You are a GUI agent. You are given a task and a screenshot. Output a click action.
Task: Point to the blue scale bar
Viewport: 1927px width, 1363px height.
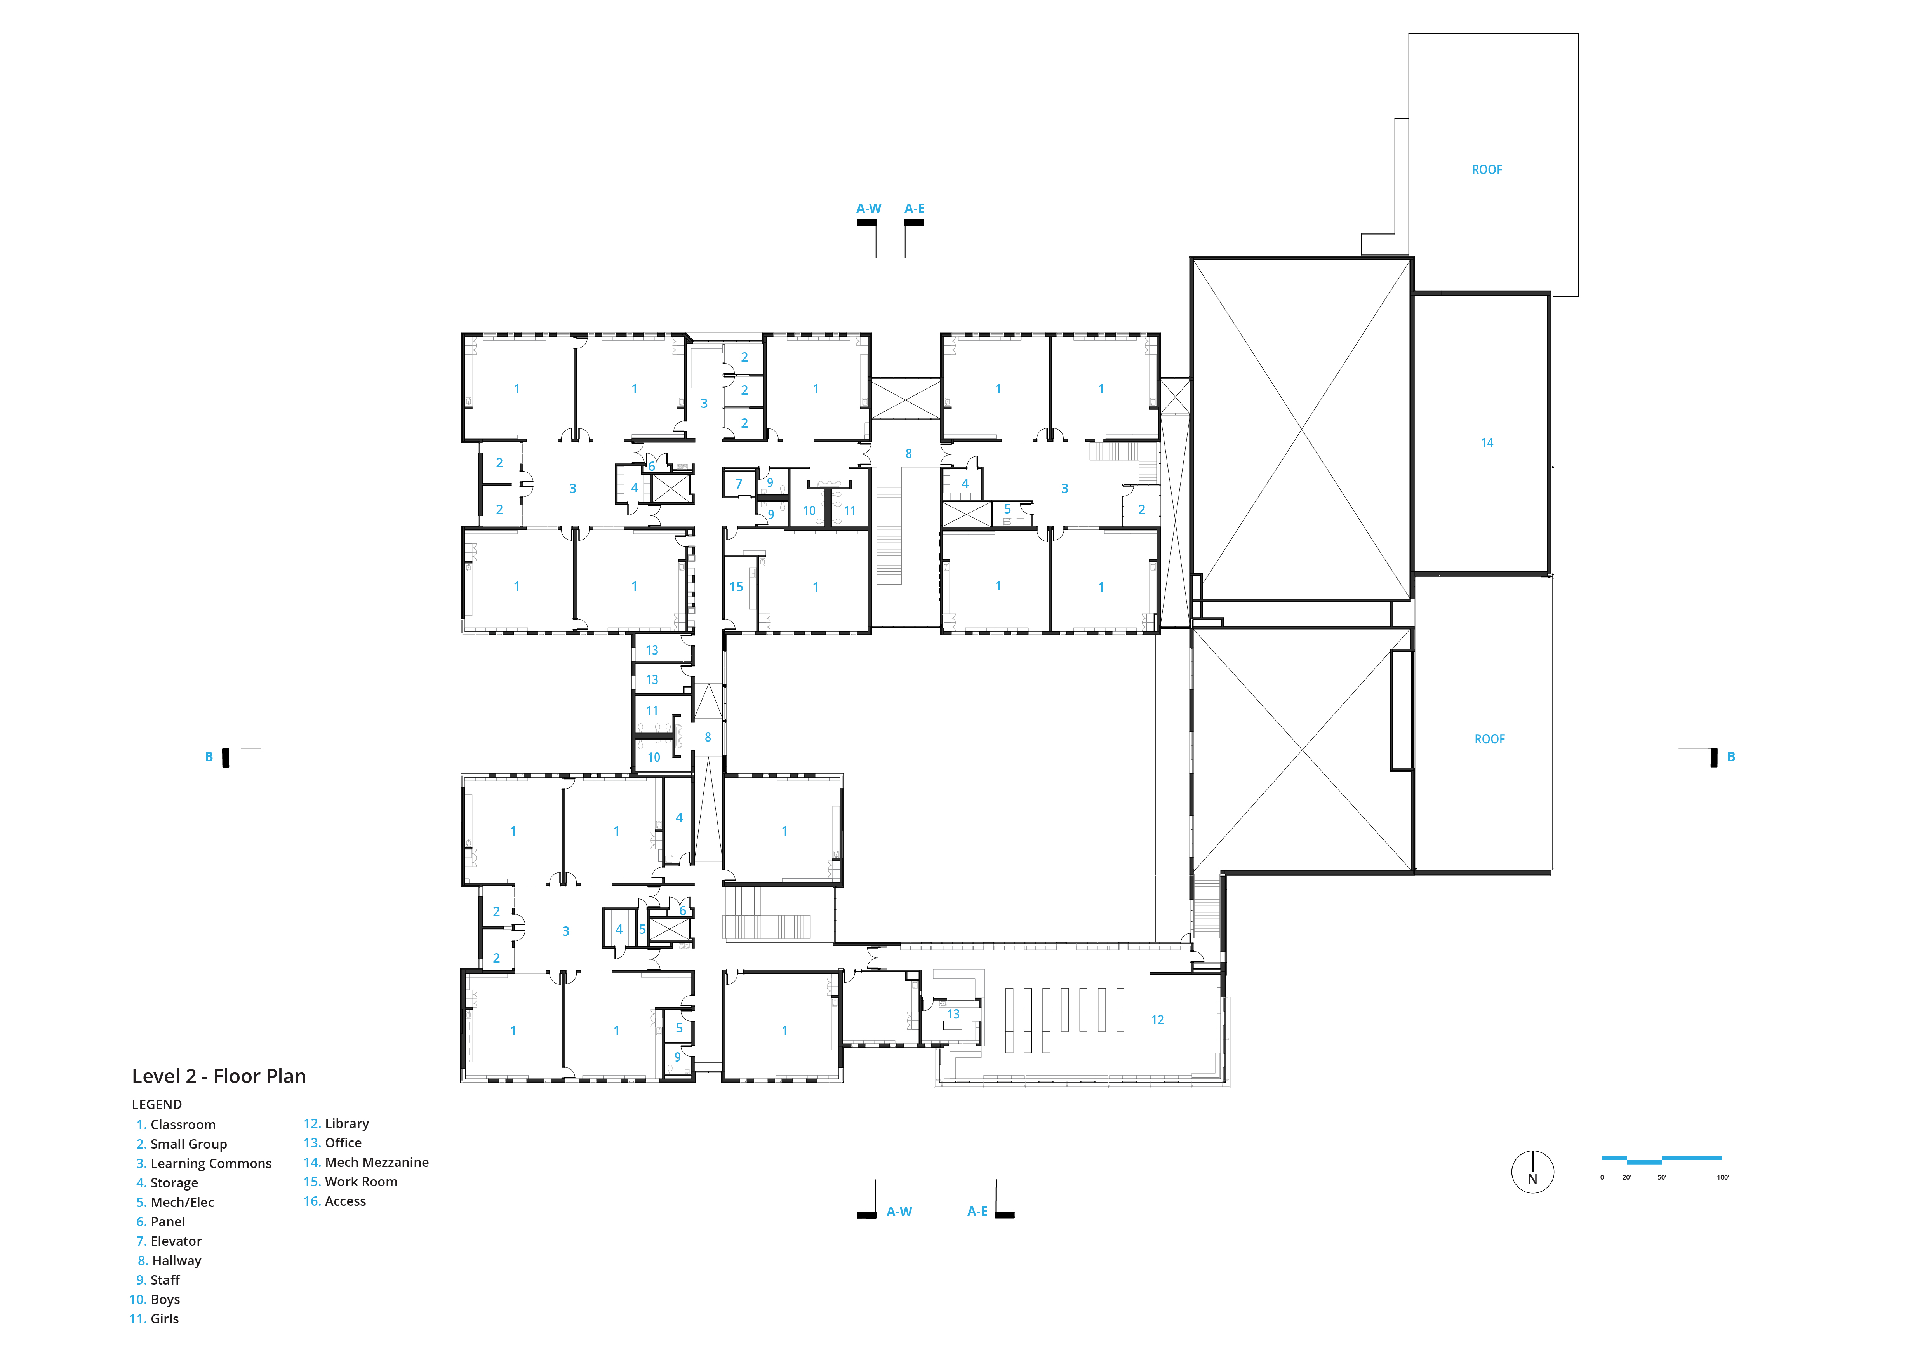pos(1662,1160)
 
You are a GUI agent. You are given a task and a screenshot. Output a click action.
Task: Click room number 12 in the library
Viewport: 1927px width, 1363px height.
pos(1157,1020)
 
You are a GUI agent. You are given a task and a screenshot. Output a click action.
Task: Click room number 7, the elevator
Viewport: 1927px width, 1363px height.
pos(739,484)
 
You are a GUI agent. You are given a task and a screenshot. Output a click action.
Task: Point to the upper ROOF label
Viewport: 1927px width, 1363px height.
pos(1487,169)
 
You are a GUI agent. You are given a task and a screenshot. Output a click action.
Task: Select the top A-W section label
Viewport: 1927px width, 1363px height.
pos(869,208)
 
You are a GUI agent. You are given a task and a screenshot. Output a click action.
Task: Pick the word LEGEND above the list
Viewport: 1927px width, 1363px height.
pos(157,1105)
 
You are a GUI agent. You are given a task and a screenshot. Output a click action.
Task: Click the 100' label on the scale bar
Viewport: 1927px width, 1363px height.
pos(1723,1177)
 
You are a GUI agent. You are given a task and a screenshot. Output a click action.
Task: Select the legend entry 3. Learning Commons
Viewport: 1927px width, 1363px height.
pos(204,1163)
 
